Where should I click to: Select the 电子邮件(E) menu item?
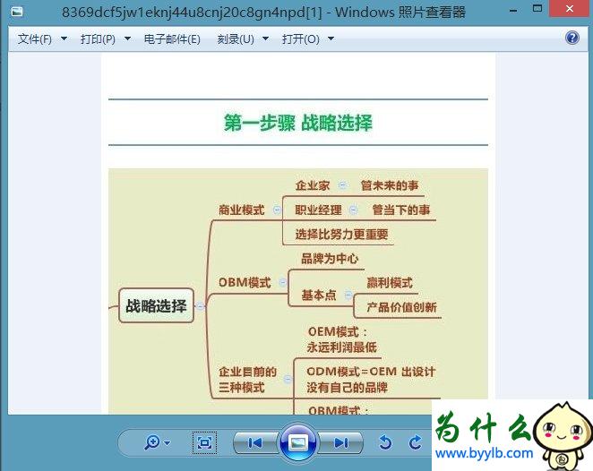172,39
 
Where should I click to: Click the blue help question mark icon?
572,38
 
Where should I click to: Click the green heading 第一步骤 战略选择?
297,123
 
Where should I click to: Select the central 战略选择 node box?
156,306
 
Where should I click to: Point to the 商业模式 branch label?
242,210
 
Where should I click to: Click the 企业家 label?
313,186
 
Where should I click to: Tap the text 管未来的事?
389,186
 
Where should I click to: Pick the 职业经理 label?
318,210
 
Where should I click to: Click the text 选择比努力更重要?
341,235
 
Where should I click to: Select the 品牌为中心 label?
330,259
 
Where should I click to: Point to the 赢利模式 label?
390,283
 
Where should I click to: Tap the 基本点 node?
318,295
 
